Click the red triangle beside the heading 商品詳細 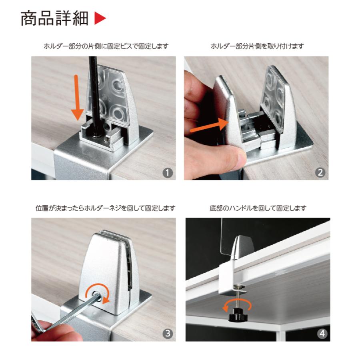click(100, 19)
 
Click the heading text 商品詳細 click(54, 19)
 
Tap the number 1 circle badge click(168, 172)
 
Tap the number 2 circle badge click(320, 172)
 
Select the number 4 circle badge click(322, 333)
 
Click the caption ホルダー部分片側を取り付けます click(257, 46)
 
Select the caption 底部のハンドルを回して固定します click(258, 208)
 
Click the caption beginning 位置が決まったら click(105, 208)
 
